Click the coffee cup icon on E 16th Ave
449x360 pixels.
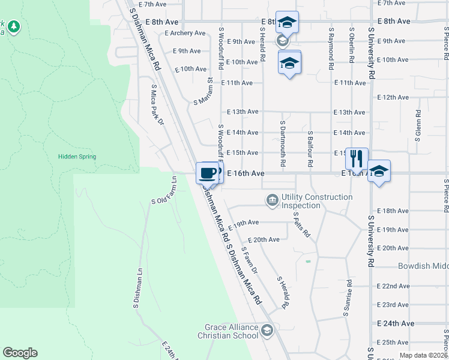pyautogui.click(x=208, y=173)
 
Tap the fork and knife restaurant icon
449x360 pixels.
pyautogui.click(x=357, y=159)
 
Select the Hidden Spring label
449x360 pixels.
pyautogui.click(x=77, y=157)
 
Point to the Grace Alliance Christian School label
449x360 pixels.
pyautogui.click(x=228, y=332)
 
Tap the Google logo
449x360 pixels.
pyautogui.click(x=20, y=353)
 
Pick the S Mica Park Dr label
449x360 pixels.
pyautogui.click(x=157, y=105)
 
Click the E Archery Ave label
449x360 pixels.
pyautogui.click(x=185, y=33)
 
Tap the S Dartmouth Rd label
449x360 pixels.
pyautogui.click(x=283, y=143)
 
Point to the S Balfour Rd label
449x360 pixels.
pyautogui.click(x=310, y=148)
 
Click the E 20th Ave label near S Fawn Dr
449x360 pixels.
pyautogui.click(x=264, y=239)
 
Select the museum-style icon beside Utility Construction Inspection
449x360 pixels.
pyautogui.click(x=273, y=199)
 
